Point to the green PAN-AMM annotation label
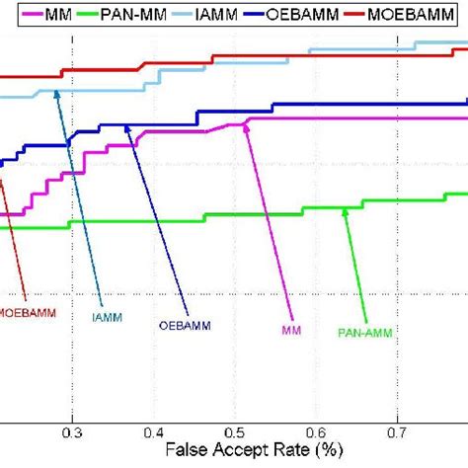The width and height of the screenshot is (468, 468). [x=365, y=333]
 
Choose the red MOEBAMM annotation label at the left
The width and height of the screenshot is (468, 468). [x=28, y=312]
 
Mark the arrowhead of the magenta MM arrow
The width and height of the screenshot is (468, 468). [x=243, y=124]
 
